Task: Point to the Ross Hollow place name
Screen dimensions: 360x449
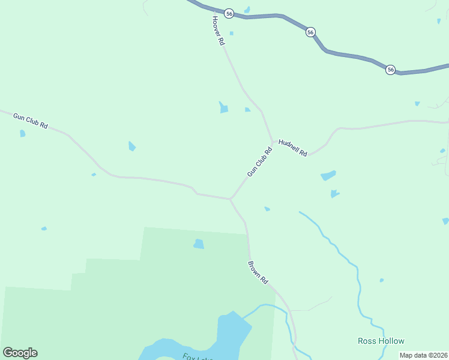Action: point(381,341)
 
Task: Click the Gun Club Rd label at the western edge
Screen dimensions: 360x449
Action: point(30,120)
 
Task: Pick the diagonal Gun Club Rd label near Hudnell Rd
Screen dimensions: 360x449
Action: point(259,162)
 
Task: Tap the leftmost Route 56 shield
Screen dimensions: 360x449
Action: point(229,13)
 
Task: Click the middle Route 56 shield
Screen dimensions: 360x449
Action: point(310,32)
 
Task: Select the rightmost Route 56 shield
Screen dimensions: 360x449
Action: point(391,70)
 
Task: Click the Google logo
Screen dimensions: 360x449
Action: point(20,353)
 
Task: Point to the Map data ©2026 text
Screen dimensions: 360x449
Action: point(423,355)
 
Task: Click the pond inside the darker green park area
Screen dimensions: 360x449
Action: point(198,244)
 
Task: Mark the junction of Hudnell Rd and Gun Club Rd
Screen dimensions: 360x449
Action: point(273,142)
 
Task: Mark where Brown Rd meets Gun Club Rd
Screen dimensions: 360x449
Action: point(230,199)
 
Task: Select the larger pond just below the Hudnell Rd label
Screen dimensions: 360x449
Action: point(328,176)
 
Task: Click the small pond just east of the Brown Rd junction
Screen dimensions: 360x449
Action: point(267,209)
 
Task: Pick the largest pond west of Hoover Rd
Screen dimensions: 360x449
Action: point(224,107)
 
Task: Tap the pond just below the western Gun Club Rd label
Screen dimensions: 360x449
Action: point(23,133)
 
